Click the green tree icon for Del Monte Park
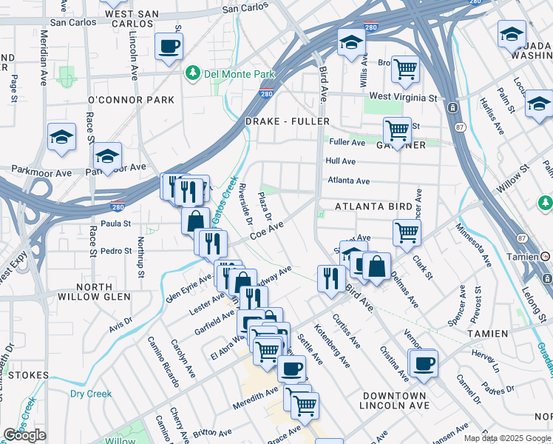pos(194,73)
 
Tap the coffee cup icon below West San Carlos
pos(169,47)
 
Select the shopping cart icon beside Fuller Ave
pos(397,131)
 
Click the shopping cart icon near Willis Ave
pos(405,70)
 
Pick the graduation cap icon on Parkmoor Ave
pos(107,156)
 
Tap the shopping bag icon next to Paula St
pos(195,221)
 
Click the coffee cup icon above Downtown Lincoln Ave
pos(424,363)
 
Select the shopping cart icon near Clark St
pos(407,232)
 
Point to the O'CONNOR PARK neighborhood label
pos(131,100)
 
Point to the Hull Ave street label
pos(341,161)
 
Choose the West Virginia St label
pos(403,97)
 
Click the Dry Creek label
pos(91,394)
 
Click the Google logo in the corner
pos(24,435)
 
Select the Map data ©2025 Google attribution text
pos(507,438)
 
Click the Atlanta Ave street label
pos(348,181)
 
